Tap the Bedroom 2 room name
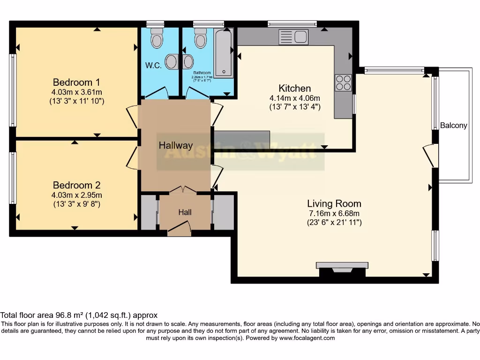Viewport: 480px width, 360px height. click(76, 185)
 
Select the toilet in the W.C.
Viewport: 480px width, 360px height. click(157, 37)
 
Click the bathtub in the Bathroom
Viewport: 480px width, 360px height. click(224, 52)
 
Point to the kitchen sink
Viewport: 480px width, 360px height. click(293, 37)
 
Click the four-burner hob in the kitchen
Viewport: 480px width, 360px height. click(343, 82)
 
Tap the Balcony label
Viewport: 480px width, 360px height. click(454, 125)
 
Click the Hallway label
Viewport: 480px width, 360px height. click(176, 145)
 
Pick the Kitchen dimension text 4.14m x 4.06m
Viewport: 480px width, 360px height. click(294, 98)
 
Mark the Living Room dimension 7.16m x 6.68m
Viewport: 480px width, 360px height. click(334, 213)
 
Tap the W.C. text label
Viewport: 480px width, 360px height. click(153, 66)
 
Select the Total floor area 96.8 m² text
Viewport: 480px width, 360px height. click(79, 315)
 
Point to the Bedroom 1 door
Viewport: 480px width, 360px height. click(132, 117)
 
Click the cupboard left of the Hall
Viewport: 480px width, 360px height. click(149, 213)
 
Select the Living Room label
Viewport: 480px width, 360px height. click(334, 203)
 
